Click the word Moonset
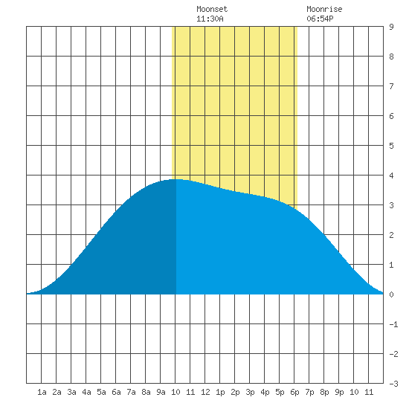pos(212,9)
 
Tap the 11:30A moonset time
pos(210,19)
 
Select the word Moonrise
pos(324,9)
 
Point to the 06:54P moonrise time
pos(320,19)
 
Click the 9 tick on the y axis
pos(391,27)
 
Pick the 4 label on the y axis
pos(391,175)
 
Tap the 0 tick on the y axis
pos(391,294)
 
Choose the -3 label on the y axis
pos(393,384)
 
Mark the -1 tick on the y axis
pos(393,324)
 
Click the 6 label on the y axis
pos(391,116)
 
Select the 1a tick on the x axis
pos(42,392)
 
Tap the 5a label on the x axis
pos(101,392)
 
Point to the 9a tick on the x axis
pos(161,392)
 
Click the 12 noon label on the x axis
pos(205,392)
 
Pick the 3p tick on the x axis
pos(250,392)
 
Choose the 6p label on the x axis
pos(294,392)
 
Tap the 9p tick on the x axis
pos(339,392)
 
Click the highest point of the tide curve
pos(178,179)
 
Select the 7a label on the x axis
pos(131,392)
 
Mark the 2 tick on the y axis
pos(391,235)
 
